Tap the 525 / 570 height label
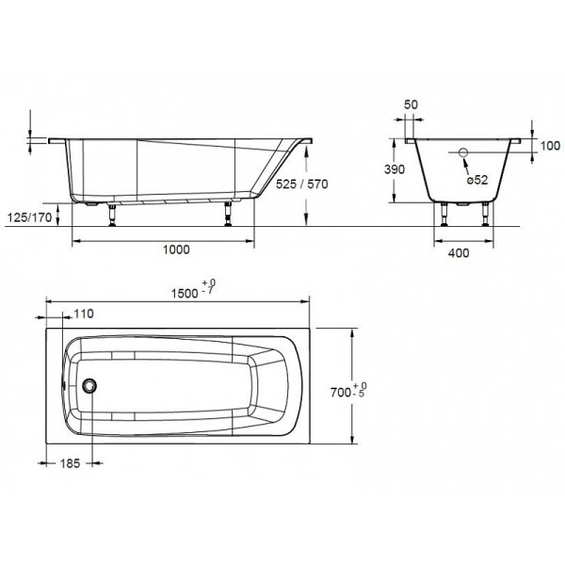pos(299,185)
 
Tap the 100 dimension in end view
pos(551,145)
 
